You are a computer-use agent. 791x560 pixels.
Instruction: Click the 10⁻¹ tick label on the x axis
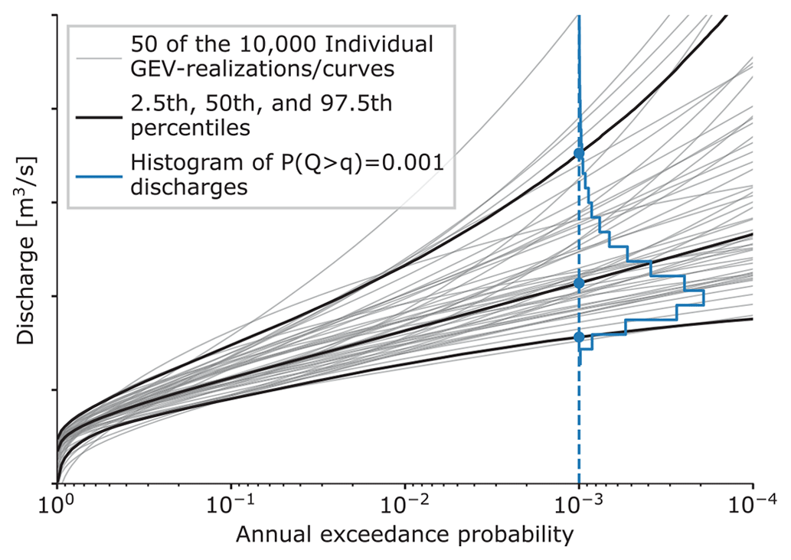(x=230, y=506)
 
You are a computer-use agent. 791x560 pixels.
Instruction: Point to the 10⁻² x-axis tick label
(x=404, y=506)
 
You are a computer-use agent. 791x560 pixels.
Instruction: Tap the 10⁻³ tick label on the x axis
(x=578, y=506)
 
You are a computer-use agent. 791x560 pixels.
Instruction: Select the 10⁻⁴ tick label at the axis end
(x=752, y=506)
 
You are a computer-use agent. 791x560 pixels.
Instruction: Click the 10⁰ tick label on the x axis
(x=57, y=506)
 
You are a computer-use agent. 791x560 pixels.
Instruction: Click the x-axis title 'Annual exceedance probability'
(x=405, y=536)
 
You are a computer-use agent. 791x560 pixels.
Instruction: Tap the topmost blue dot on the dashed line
(x=579, y=154)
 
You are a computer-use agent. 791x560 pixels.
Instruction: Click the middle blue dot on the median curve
(x=579, y=283)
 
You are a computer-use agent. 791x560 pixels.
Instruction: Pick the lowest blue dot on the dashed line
(x=579, y=337)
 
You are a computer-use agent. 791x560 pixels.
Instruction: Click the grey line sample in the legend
(x=100, y=57)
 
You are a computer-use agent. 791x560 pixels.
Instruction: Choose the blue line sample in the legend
(x=100, y=175)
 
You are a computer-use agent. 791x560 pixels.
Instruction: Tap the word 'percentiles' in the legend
(x=190, y=128)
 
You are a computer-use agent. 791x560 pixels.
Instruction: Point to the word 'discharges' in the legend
(x=188, y=187)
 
